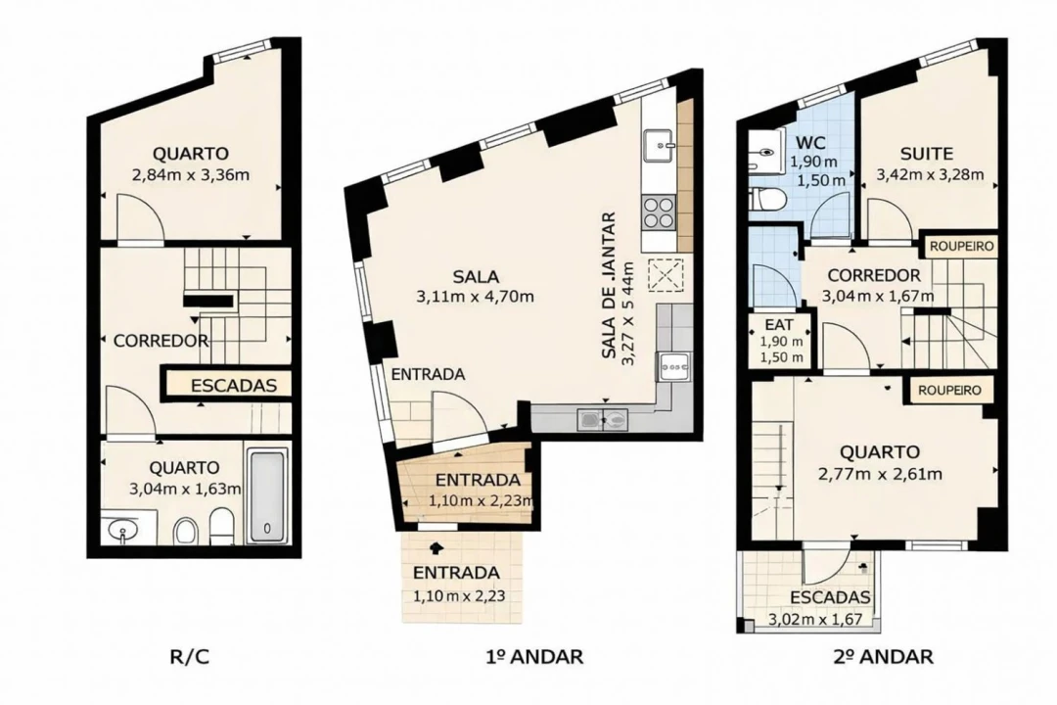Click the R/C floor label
[x=190, y=656]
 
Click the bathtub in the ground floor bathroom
[x=266, y=496]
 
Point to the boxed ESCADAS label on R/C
[x=234, y=385]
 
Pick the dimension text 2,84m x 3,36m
[x=191, y=176]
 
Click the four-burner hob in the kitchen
[x=659, y=211]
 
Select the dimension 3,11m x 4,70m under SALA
[x=478, y=296]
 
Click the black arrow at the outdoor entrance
[x=437, y=551]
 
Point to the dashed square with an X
[x=668, y=274]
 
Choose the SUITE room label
[x=926, y=154]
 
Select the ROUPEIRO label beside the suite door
[x=960, y=246]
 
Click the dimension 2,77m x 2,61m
[x=880, y=475]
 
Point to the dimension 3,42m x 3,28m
[x=929, y=176]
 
